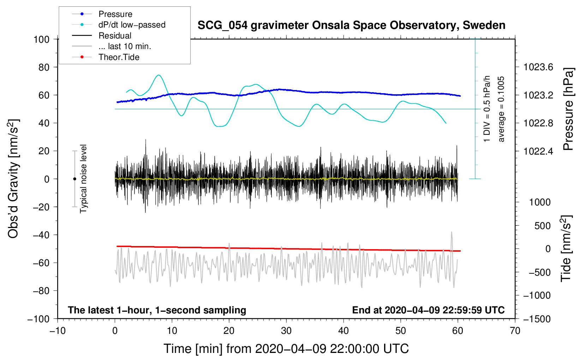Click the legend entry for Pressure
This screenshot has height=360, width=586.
pyautogui.click(x=115, y=14)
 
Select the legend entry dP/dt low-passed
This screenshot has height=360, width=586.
pyautogui.click(x=132, y=25)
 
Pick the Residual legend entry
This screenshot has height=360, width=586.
pyautogui.click(x=115, y=36)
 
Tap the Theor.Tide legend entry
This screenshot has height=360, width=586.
pyautogui.click(x=119, y=57)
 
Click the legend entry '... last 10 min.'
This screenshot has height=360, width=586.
pyautogui.click(x=125, y=46)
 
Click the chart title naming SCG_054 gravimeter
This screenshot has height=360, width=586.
pyautogui.click(x=351, y=25)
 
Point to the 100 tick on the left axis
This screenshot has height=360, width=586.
pyautogui.click(x=41, y=39)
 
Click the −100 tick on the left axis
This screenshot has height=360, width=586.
pyautogui.click(x=38, y=319)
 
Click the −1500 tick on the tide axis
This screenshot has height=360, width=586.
pyautogui.click(x=537, y=319)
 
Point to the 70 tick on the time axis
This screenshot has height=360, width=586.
pyautogui.click(x=515, y=331)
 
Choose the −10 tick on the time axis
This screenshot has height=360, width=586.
pyautogui.click(x=58, y=331)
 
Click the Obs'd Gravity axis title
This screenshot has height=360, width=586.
pyautogui.click(x=13, y=179)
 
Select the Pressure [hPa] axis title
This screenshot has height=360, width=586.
pyautogui.click(x=568, y=109)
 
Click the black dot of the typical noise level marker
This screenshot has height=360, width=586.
pyautogui.click(x=74, y=179)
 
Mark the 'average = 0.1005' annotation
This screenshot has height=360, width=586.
pyautogui.click(x=501, y=109)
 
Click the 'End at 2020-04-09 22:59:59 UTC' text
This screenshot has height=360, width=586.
pyautogui.click(x=428, y=310)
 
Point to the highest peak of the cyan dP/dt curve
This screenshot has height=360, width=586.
pyautogui.click(x=159, y=75)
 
